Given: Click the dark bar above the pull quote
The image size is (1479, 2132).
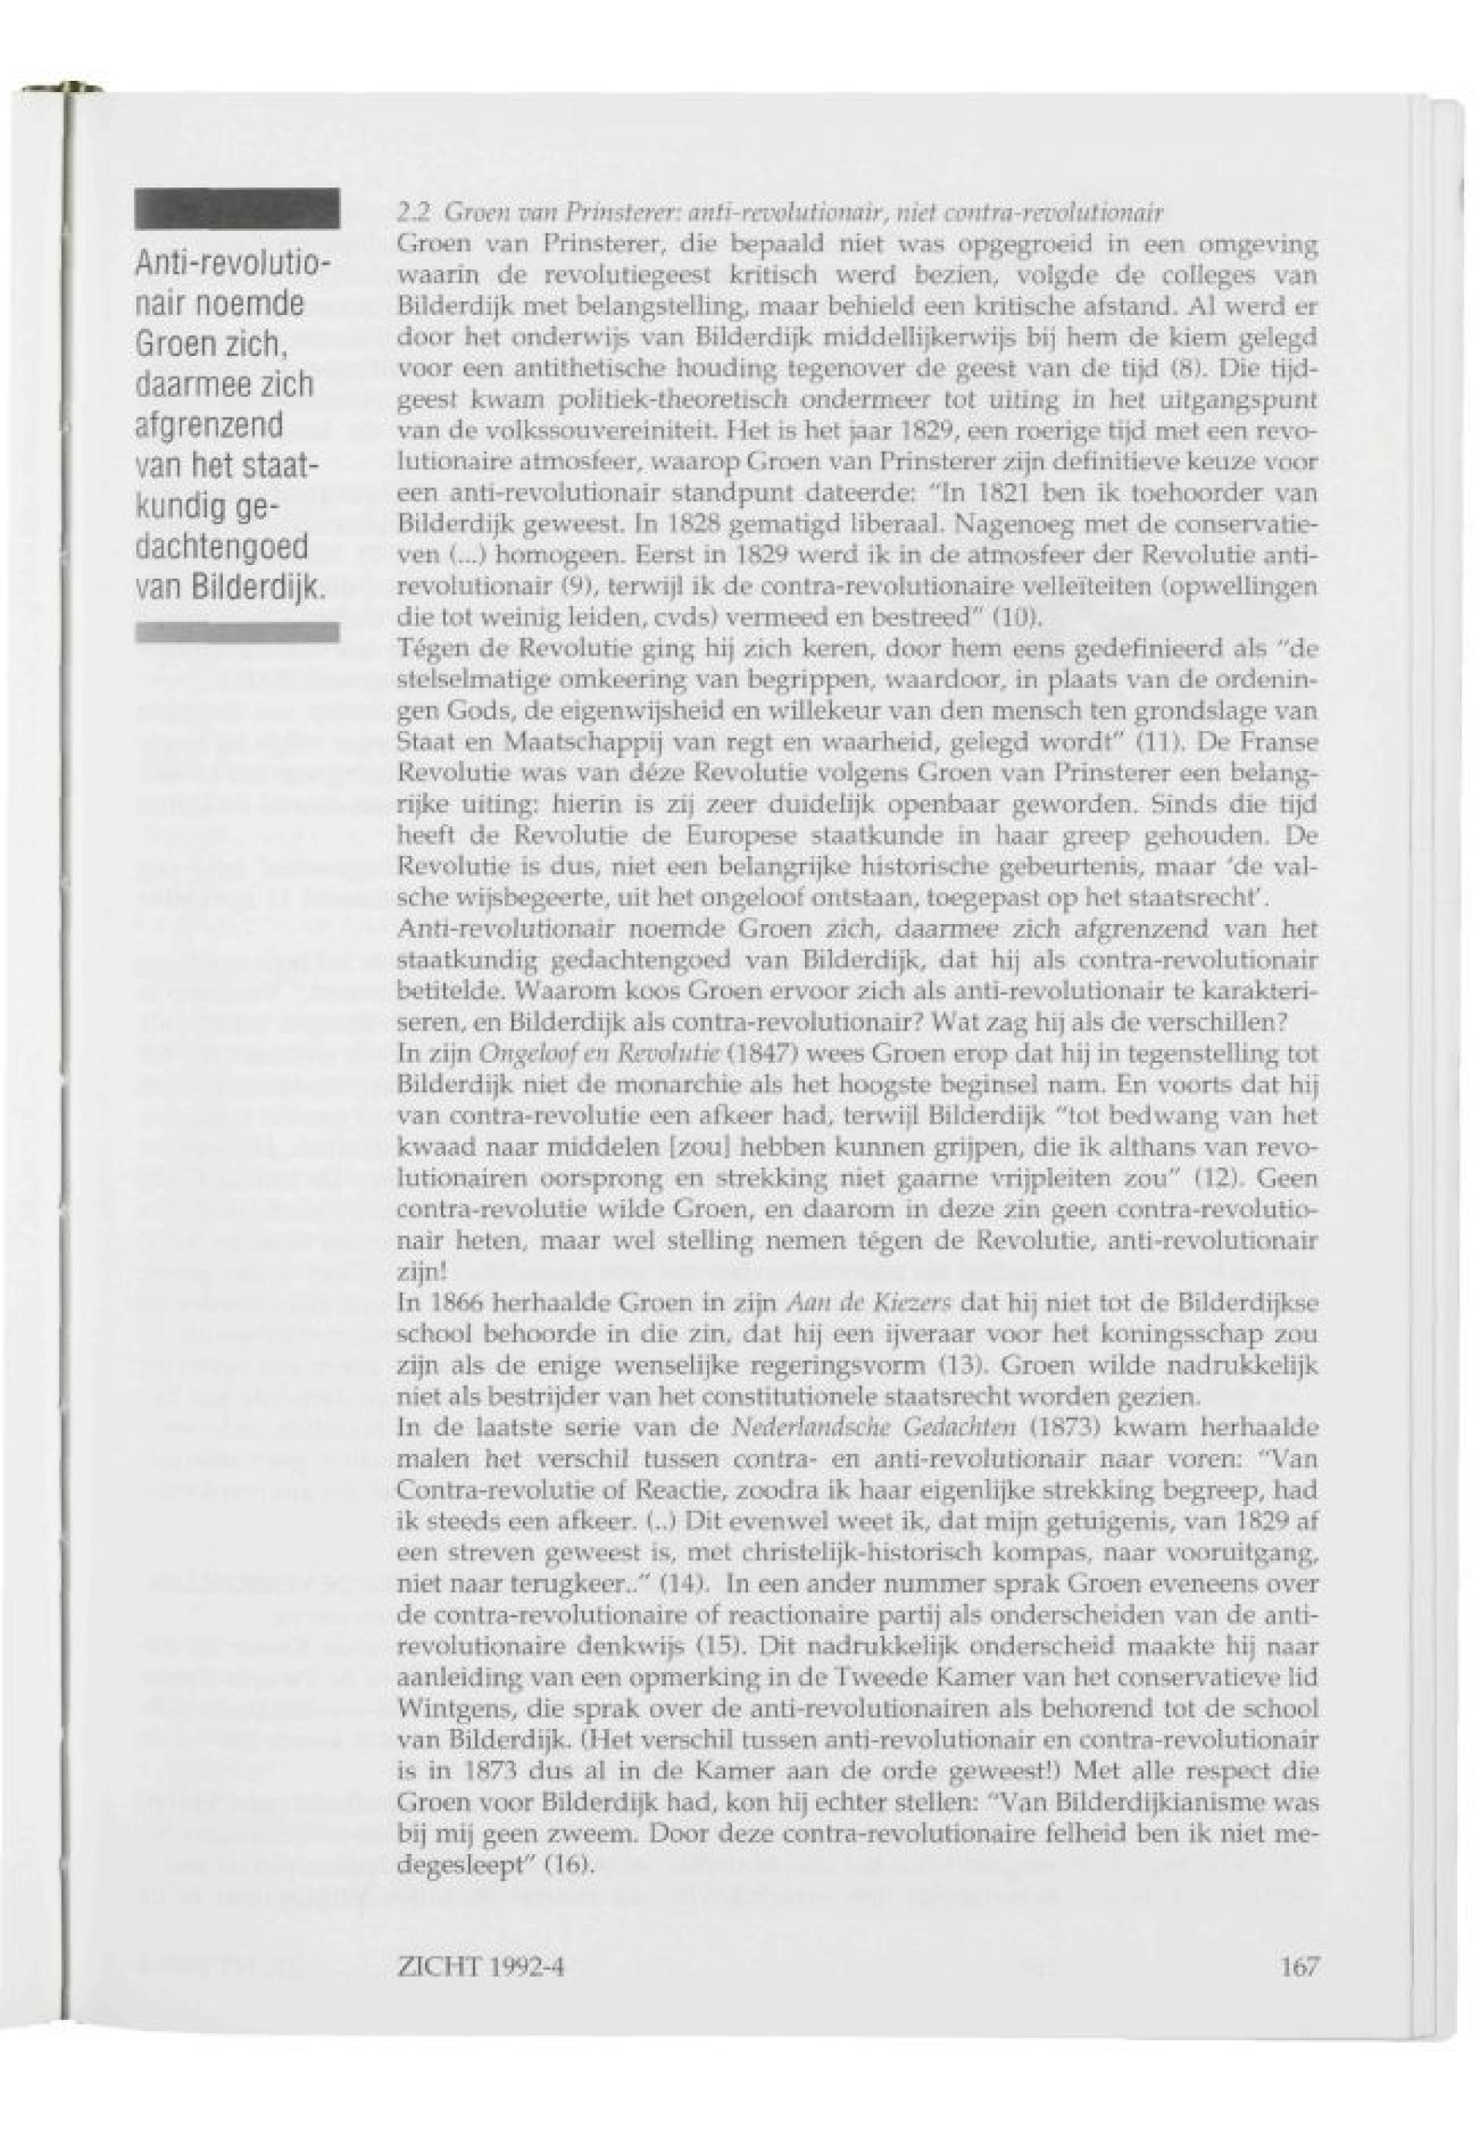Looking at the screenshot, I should point(237,208).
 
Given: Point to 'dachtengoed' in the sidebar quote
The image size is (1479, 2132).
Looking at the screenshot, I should point(221,548).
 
